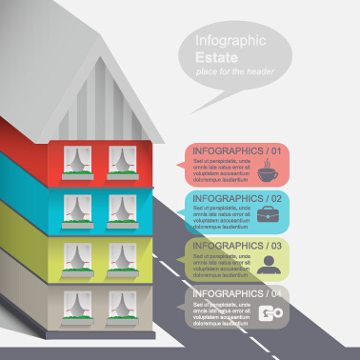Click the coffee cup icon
tap(268, 172)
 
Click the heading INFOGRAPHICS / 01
tap(237, 150)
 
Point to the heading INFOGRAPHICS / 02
tap(237, 198)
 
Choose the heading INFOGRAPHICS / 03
tap(237, 245)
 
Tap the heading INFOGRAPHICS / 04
tap(237, 292)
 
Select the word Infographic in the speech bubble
tap(230, 41)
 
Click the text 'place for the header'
tap(231, 72)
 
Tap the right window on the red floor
tap(121, 161)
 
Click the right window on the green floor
tap(121, 259)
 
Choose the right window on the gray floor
tap(121, 305)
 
